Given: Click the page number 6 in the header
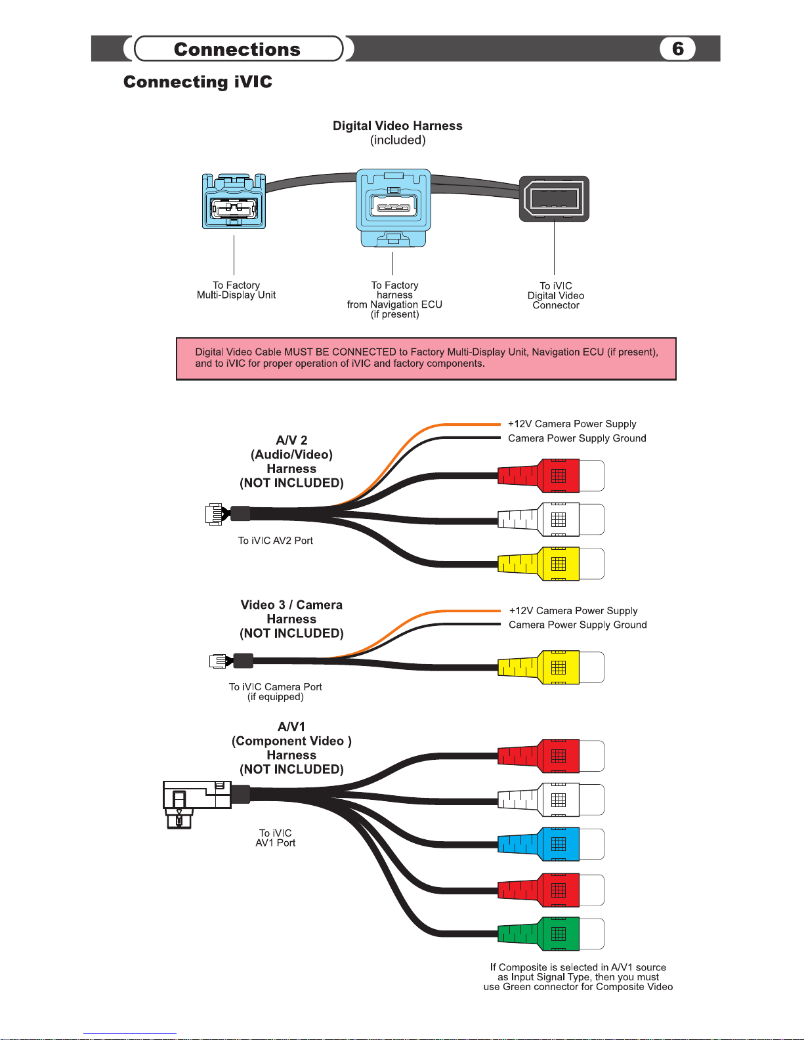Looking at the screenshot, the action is pyautogui.click(x=677, y=49).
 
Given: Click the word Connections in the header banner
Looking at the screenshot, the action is pyautogui.click(x=237, y=49).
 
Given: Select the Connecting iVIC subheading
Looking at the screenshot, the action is pyautogui.click(x=198, y=81).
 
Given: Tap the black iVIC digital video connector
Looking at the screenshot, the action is pyautogui.click(x=554, y=199).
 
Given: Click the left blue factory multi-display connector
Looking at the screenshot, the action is pyautogui.click(x=234, y=201).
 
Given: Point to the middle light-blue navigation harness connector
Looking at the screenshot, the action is pyautogui.click(x=393, y=207).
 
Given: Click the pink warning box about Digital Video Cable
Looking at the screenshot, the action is pyautogui.click(x=426, y=358).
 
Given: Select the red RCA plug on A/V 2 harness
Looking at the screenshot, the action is pyautogui.click(x=551, y=476).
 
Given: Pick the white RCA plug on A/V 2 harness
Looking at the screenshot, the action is pyautogui.click(x=551, y=519).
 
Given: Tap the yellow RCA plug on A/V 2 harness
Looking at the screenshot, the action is pyautogui.click(x=551, y=564).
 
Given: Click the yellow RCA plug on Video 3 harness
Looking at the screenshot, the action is pyautogui.click(x=551, y=667).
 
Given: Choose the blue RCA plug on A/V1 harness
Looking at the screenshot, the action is pyautogui.click(x=551, y=844).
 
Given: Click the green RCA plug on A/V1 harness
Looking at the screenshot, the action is pyautogui.click(x=551, y=934).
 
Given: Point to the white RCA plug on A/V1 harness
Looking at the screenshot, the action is pyautogui.click(x=551, y=800).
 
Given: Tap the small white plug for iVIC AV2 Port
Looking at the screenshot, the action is pyautogui.click(x=214, y=514).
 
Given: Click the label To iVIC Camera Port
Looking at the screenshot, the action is pyautogui.click(x=275, y=687).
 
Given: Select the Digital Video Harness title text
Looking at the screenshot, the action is pyautogui.click(x=398, y=126).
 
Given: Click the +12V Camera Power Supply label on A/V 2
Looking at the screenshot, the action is pyautogui.click(x=572, y=424).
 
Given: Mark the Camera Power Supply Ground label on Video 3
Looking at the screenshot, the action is pyautogui.click(x=578, y=625).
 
